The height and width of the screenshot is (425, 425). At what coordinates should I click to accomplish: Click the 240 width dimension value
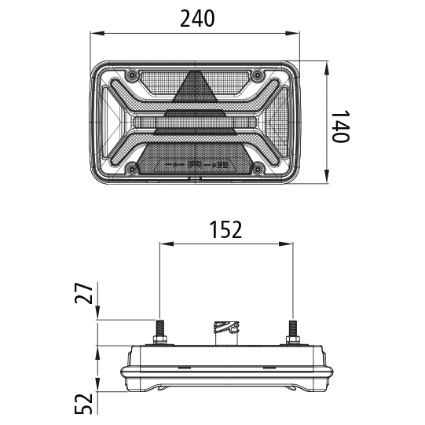pos(197,19)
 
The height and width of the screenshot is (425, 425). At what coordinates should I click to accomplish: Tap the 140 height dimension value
pos(339,126)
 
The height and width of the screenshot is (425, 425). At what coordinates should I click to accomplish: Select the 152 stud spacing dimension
pos(225,229)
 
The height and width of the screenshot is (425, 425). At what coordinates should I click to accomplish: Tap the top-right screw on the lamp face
pos(258,75)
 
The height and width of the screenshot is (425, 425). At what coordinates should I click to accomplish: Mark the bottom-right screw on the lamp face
pos(258,166)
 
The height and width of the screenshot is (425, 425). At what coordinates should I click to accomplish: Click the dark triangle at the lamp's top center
pos(193,90)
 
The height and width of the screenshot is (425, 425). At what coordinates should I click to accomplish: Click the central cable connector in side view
pos(225,330)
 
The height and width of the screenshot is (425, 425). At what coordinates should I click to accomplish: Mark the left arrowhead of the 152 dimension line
pos(164,244)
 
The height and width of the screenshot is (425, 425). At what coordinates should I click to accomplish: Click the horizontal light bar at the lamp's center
pos(194,122)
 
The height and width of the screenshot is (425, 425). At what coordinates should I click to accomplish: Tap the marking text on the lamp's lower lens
pos(195,165)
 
